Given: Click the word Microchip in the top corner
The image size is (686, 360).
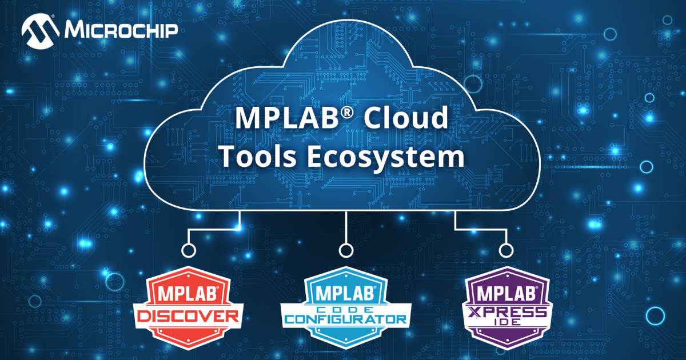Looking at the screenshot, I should [x=121, y=30].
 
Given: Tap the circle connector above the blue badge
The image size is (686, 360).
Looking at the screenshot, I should [x=345, y=250].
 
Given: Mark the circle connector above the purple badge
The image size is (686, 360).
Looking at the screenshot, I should [x=505, y=250].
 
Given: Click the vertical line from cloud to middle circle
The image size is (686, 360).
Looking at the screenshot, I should [x=345, y=226].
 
